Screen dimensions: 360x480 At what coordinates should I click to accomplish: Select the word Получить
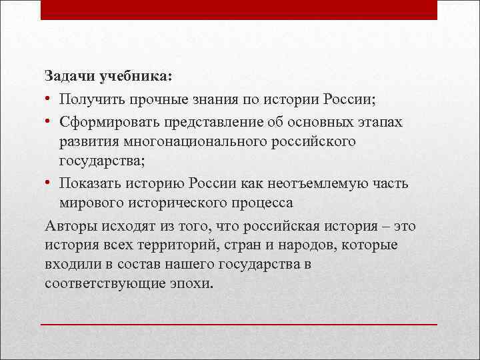coord(87,100)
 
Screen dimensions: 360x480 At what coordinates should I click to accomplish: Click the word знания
coord(215,100)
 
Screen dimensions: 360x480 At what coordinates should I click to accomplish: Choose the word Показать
coord(87,183)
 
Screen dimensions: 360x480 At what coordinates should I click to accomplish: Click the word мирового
coord(91,202)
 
